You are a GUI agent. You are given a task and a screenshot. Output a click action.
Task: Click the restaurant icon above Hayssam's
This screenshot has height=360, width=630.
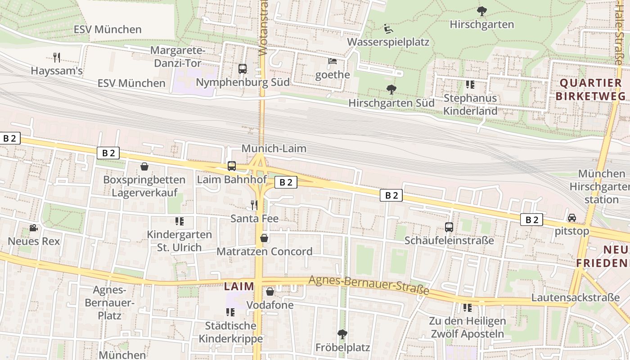pos(57,57)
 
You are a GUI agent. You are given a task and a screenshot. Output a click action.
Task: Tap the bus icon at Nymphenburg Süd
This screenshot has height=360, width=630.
pos(243,69)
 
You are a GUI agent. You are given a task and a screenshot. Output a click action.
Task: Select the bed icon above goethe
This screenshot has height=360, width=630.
pos(333,61)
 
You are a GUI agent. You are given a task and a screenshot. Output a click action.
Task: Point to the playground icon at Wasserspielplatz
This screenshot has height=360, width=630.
pos(388,29)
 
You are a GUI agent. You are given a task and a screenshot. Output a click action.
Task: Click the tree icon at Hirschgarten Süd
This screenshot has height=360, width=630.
pos(391,90)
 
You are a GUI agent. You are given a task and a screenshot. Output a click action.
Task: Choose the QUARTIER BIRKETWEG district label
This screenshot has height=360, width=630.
pos(590,89)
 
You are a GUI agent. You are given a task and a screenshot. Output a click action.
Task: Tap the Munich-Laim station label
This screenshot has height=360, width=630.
pos(274,148)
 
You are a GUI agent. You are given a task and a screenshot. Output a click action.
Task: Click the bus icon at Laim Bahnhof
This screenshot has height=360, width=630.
pos(232,166)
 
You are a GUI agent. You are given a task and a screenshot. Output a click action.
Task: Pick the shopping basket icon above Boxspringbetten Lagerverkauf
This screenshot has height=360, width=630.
pos(144,166)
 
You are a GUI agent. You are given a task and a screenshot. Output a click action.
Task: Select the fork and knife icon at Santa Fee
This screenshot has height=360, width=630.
pos(254,205)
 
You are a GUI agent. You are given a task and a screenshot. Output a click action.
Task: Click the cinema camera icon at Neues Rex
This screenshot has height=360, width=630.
pos(33,228)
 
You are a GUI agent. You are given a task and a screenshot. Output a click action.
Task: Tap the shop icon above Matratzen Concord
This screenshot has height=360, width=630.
pos(265,238)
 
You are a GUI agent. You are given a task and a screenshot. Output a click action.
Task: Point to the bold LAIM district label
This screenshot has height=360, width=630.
pos(239,286)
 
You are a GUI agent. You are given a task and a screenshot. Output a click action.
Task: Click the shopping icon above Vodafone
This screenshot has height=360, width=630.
pos(270,292)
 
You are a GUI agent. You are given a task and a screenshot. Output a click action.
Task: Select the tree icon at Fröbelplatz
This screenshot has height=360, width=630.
pos(342,334)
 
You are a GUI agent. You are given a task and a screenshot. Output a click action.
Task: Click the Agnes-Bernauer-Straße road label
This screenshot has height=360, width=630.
pos(369,285)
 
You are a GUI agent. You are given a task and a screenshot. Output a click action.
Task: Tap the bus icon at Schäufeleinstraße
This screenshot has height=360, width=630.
pos(449,227)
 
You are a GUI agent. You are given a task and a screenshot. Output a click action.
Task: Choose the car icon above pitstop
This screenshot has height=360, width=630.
pos(572,218)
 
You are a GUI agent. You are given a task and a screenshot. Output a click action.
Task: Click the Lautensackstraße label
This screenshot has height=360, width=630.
pos(576,298)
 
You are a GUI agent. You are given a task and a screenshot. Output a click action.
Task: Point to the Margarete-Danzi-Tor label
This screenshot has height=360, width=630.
pos(178,57)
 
